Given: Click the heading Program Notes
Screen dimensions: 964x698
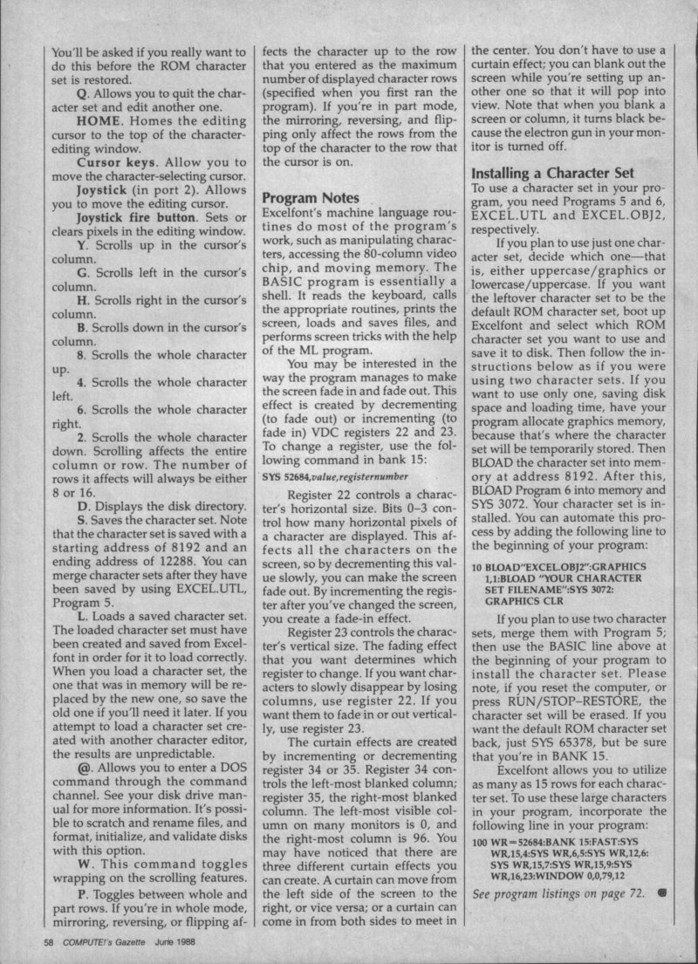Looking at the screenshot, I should [311, 198].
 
